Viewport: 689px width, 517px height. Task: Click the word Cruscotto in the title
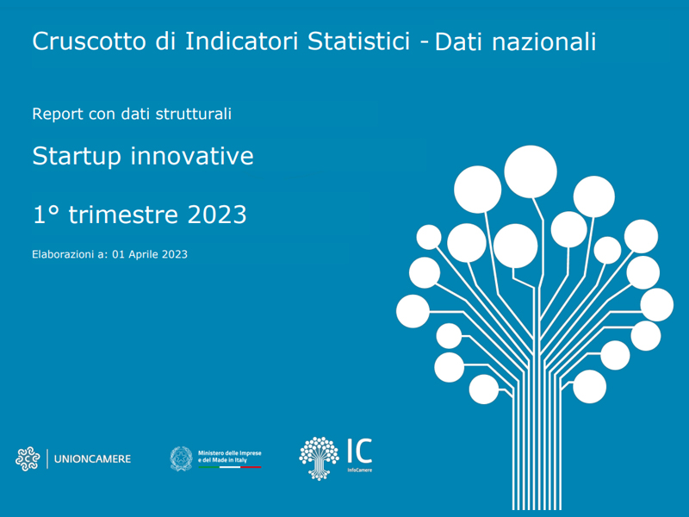click(x=89, y=40)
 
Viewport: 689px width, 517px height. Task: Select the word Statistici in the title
click(x=358, y=40)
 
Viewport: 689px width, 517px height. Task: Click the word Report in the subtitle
click(x=58, y=114)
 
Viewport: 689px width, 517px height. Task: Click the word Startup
click(x=77, y=157)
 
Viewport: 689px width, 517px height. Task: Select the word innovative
click(x=192, y=156)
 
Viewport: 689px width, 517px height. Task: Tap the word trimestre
click(x=123, y=215)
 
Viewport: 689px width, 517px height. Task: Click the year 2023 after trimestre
click(x=217, y=215)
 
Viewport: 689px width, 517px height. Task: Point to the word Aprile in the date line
click(x=143, y=254)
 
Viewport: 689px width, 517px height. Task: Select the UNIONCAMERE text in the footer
click(x=92, y=459)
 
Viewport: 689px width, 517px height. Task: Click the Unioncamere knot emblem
click(x=28, y=459)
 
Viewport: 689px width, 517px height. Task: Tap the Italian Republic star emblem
click(x=182, y=458)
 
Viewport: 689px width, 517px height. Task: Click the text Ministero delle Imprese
click(x=229, y=453)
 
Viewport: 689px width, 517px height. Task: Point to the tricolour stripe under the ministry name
click(x=230, y=467)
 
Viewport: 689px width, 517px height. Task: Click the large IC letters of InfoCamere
click(x=360, y=451)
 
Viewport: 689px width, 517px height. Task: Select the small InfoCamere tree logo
click(x=319, y=458)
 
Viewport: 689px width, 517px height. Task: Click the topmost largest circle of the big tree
click(x=531, y=171)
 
